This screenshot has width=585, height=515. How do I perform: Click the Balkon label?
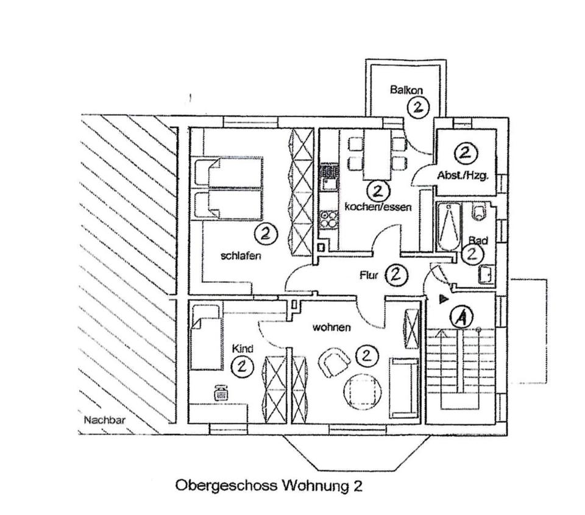pos(406,90)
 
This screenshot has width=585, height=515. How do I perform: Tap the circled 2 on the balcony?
pos(417,108)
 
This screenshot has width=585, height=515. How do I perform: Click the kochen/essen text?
pos(378,207)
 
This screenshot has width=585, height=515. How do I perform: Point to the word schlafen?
pos(241,256)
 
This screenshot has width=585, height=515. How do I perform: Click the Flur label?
pos(369,275)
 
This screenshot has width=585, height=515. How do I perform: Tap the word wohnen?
pos(331,328)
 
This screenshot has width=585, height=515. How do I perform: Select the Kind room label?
pos(242,349)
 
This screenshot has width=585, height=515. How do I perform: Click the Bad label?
pos(478,241)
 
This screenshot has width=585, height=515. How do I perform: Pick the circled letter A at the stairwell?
pos(463,317)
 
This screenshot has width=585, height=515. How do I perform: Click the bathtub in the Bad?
pos(449,227)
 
